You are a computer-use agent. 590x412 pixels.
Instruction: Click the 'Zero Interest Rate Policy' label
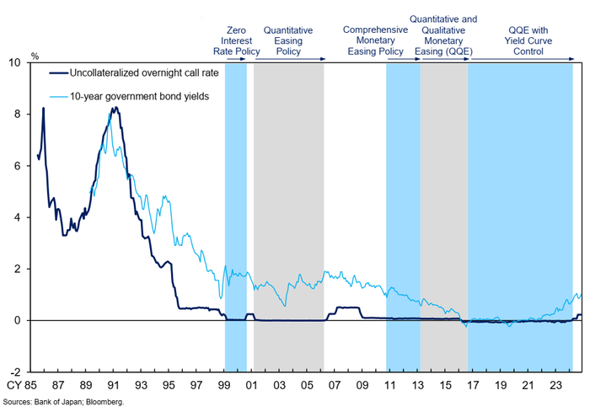(236, 40)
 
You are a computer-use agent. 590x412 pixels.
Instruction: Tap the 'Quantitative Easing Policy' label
(288, 40)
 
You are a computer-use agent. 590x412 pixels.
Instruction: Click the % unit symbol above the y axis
(35, 56)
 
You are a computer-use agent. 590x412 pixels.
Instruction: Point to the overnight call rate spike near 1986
(43, 109)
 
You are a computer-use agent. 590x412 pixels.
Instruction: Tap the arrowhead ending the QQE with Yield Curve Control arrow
(572, 57)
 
